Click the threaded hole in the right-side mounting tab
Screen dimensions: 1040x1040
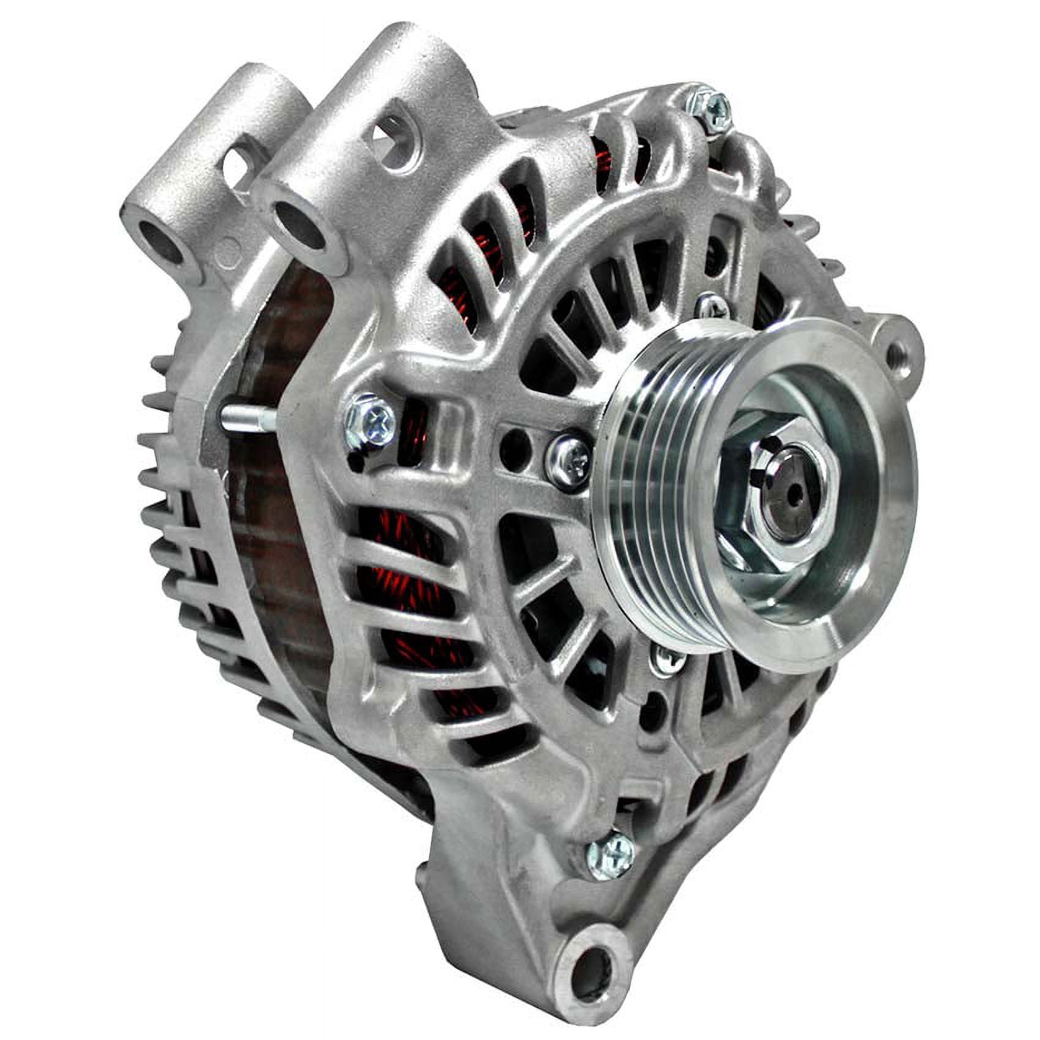[x=898, y=352]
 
